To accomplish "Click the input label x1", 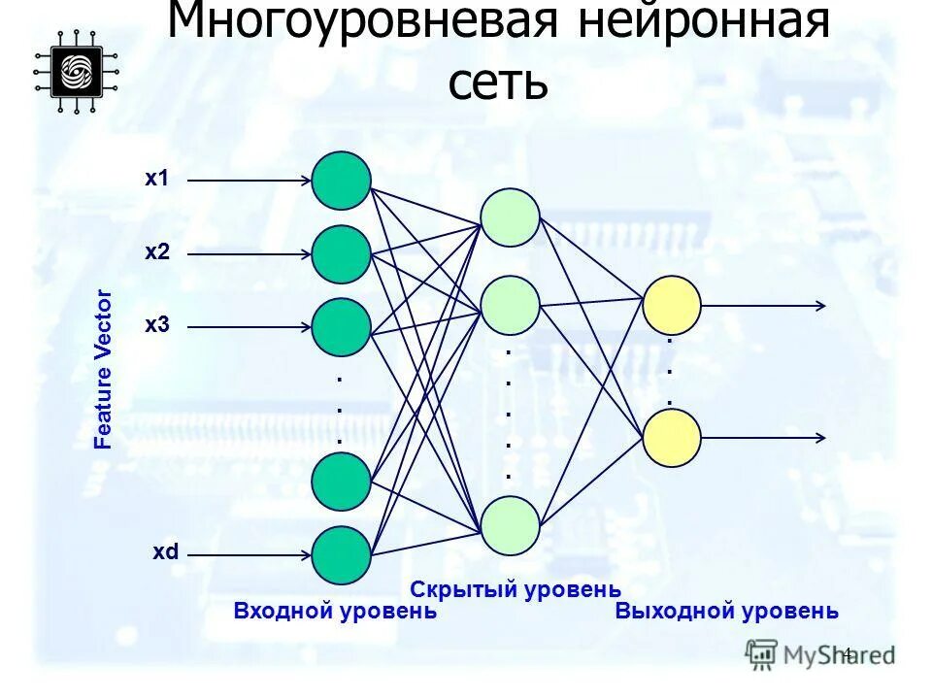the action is coord(156,179).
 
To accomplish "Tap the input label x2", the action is coord(156,252).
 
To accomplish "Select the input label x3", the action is coord(156,324).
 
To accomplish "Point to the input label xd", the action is coord(165,552).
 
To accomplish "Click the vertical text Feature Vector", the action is coord(103,369).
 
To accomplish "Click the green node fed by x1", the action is coord(341,181).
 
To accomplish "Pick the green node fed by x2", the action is coord(341,254).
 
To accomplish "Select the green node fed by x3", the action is coord(341,326).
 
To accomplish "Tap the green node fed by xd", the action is coord(341,554).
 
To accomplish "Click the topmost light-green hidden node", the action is coord(510,217).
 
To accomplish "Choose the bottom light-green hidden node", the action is coord(510,525).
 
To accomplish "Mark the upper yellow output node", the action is coord(672,305).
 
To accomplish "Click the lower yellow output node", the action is coord(672,438).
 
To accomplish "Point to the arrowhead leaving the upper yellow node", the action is coord(820,305).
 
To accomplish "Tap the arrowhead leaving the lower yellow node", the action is coord(820,438).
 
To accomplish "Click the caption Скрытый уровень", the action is coord(516,588).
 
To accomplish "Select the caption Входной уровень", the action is coord(335,612).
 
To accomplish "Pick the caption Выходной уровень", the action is coord(726,612).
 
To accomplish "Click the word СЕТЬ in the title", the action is coord(498,83).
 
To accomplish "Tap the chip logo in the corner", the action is coord(76,71).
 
